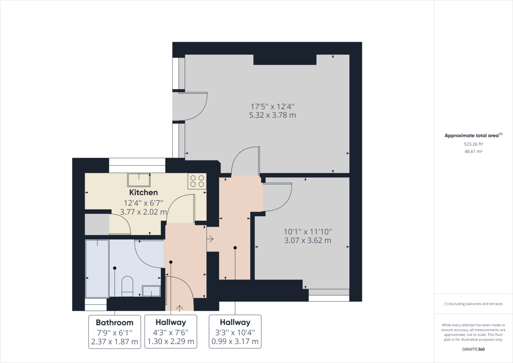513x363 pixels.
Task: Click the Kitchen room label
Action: coord(144,193)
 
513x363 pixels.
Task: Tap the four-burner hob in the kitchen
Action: coord(197,181)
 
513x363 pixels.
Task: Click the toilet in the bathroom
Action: coord(127,286)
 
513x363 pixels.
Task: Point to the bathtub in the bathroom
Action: coord(97,268)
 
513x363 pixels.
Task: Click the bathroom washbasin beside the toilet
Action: coord(151,291)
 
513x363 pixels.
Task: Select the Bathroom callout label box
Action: coord(115,332)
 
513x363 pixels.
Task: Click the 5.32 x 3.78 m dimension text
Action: coord(272,115)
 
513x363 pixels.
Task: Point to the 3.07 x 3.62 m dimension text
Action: coord(308,241)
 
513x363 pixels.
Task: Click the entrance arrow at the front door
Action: coord(180,307)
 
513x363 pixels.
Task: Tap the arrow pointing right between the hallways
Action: coord(210,239)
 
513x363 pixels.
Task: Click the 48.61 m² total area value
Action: coord(473,152)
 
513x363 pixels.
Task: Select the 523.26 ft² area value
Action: coord(473,144)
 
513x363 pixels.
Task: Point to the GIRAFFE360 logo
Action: coord(473,349)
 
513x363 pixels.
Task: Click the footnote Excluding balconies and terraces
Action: coord(473,304)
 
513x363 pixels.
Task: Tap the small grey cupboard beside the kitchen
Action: coord(97,224)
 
